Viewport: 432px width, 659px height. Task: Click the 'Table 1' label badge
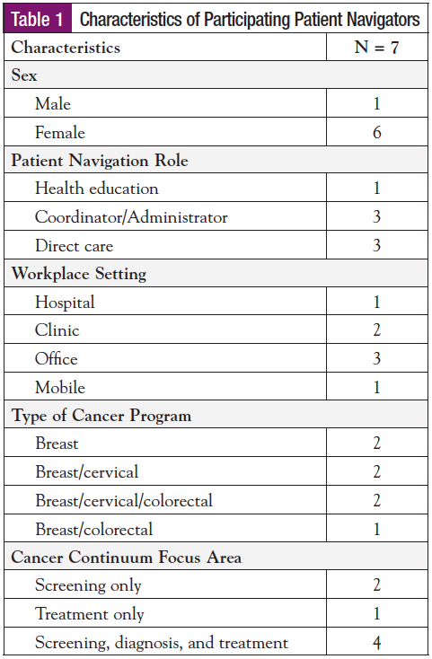[x=41, y=19]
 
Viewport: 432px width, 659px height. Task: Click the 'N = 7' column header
[x=376, y=48]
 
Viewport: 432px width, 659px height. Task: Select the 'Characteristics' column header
[x=66, y=48]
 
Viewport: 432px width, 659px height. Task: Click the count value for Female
[x=376, y=133]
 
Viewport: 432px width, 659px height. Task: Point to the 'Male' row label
[x=53, y=104]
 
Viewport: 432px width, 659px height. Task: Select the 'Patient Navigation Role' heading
[x=99, y=161]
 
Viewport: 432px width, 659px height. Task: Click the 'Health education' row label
[x=96, y=189]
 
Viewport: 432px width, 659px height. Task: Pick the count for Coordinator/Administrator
[x=376, y=217]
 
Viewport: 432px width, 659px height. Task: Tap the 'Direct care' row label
[x=74, y=245]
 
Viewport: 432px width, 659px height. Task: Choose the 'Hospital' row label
[x=65, y=303]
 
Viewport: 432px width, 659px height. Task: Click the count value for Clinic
[x=376, y=330]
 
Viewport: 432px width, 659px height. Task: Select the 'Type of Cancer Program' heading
[x=101, y=416]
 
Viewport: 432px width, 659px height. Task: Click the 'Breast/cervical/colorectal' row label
[x=123, y=501]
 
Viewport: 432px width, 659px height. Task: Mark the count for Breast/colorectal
[x=376, y=529]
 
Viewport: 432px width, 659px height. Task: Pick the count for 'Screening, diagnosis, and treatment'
[x=376, y=643]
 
